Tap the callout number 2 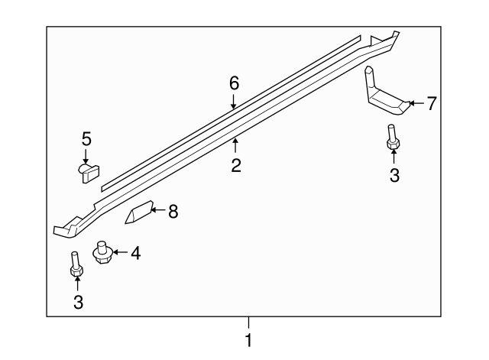[x=236, y=165]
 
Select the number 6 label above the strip [x=235, y=83]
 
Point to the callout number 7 [x=432, y=103]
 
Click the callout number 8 [x=173, y=212]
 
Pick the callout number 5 [x=86, y=138]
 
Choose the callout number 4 [x=135, y=252]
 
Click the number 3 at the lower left [x=78, y=302]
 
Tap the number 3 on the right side [x=394, y=175]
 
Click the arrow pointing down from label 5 [x=86, y=155]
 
